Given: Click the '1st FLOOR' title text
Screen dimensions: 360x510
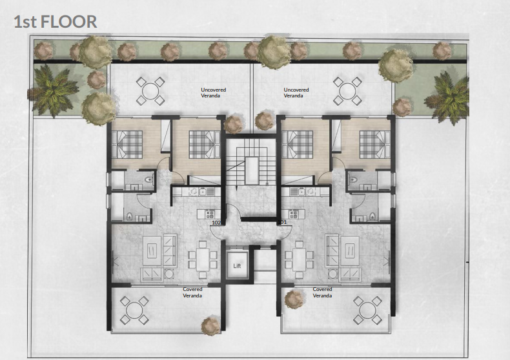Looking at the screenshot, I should (x=56, y=21).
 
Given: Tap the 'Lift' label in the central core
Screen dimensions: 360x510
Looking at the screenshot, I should (x=236, y=265).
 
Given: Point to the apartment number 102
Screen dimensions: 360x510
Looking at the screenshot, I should (x=217, y=223).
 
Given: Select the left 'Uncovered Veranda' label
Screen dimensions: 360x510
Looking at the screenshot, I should (x=214, y=93).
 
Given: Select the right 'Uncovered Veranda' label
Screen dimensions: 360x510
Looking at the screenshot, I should (x=296, y=93).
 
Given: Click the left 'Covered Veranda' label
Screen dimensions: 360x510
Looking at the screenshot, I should (x=192, y=292).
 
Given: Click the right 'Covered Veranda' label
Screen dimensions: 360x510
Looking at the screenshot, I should (x=322, y=292).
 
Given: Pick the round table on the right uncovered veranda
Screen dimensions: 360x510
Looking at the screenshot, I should (x=347, y=91).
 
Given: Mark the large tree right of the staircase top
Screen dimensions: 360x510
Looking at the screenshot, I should (x=275, y=49).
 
